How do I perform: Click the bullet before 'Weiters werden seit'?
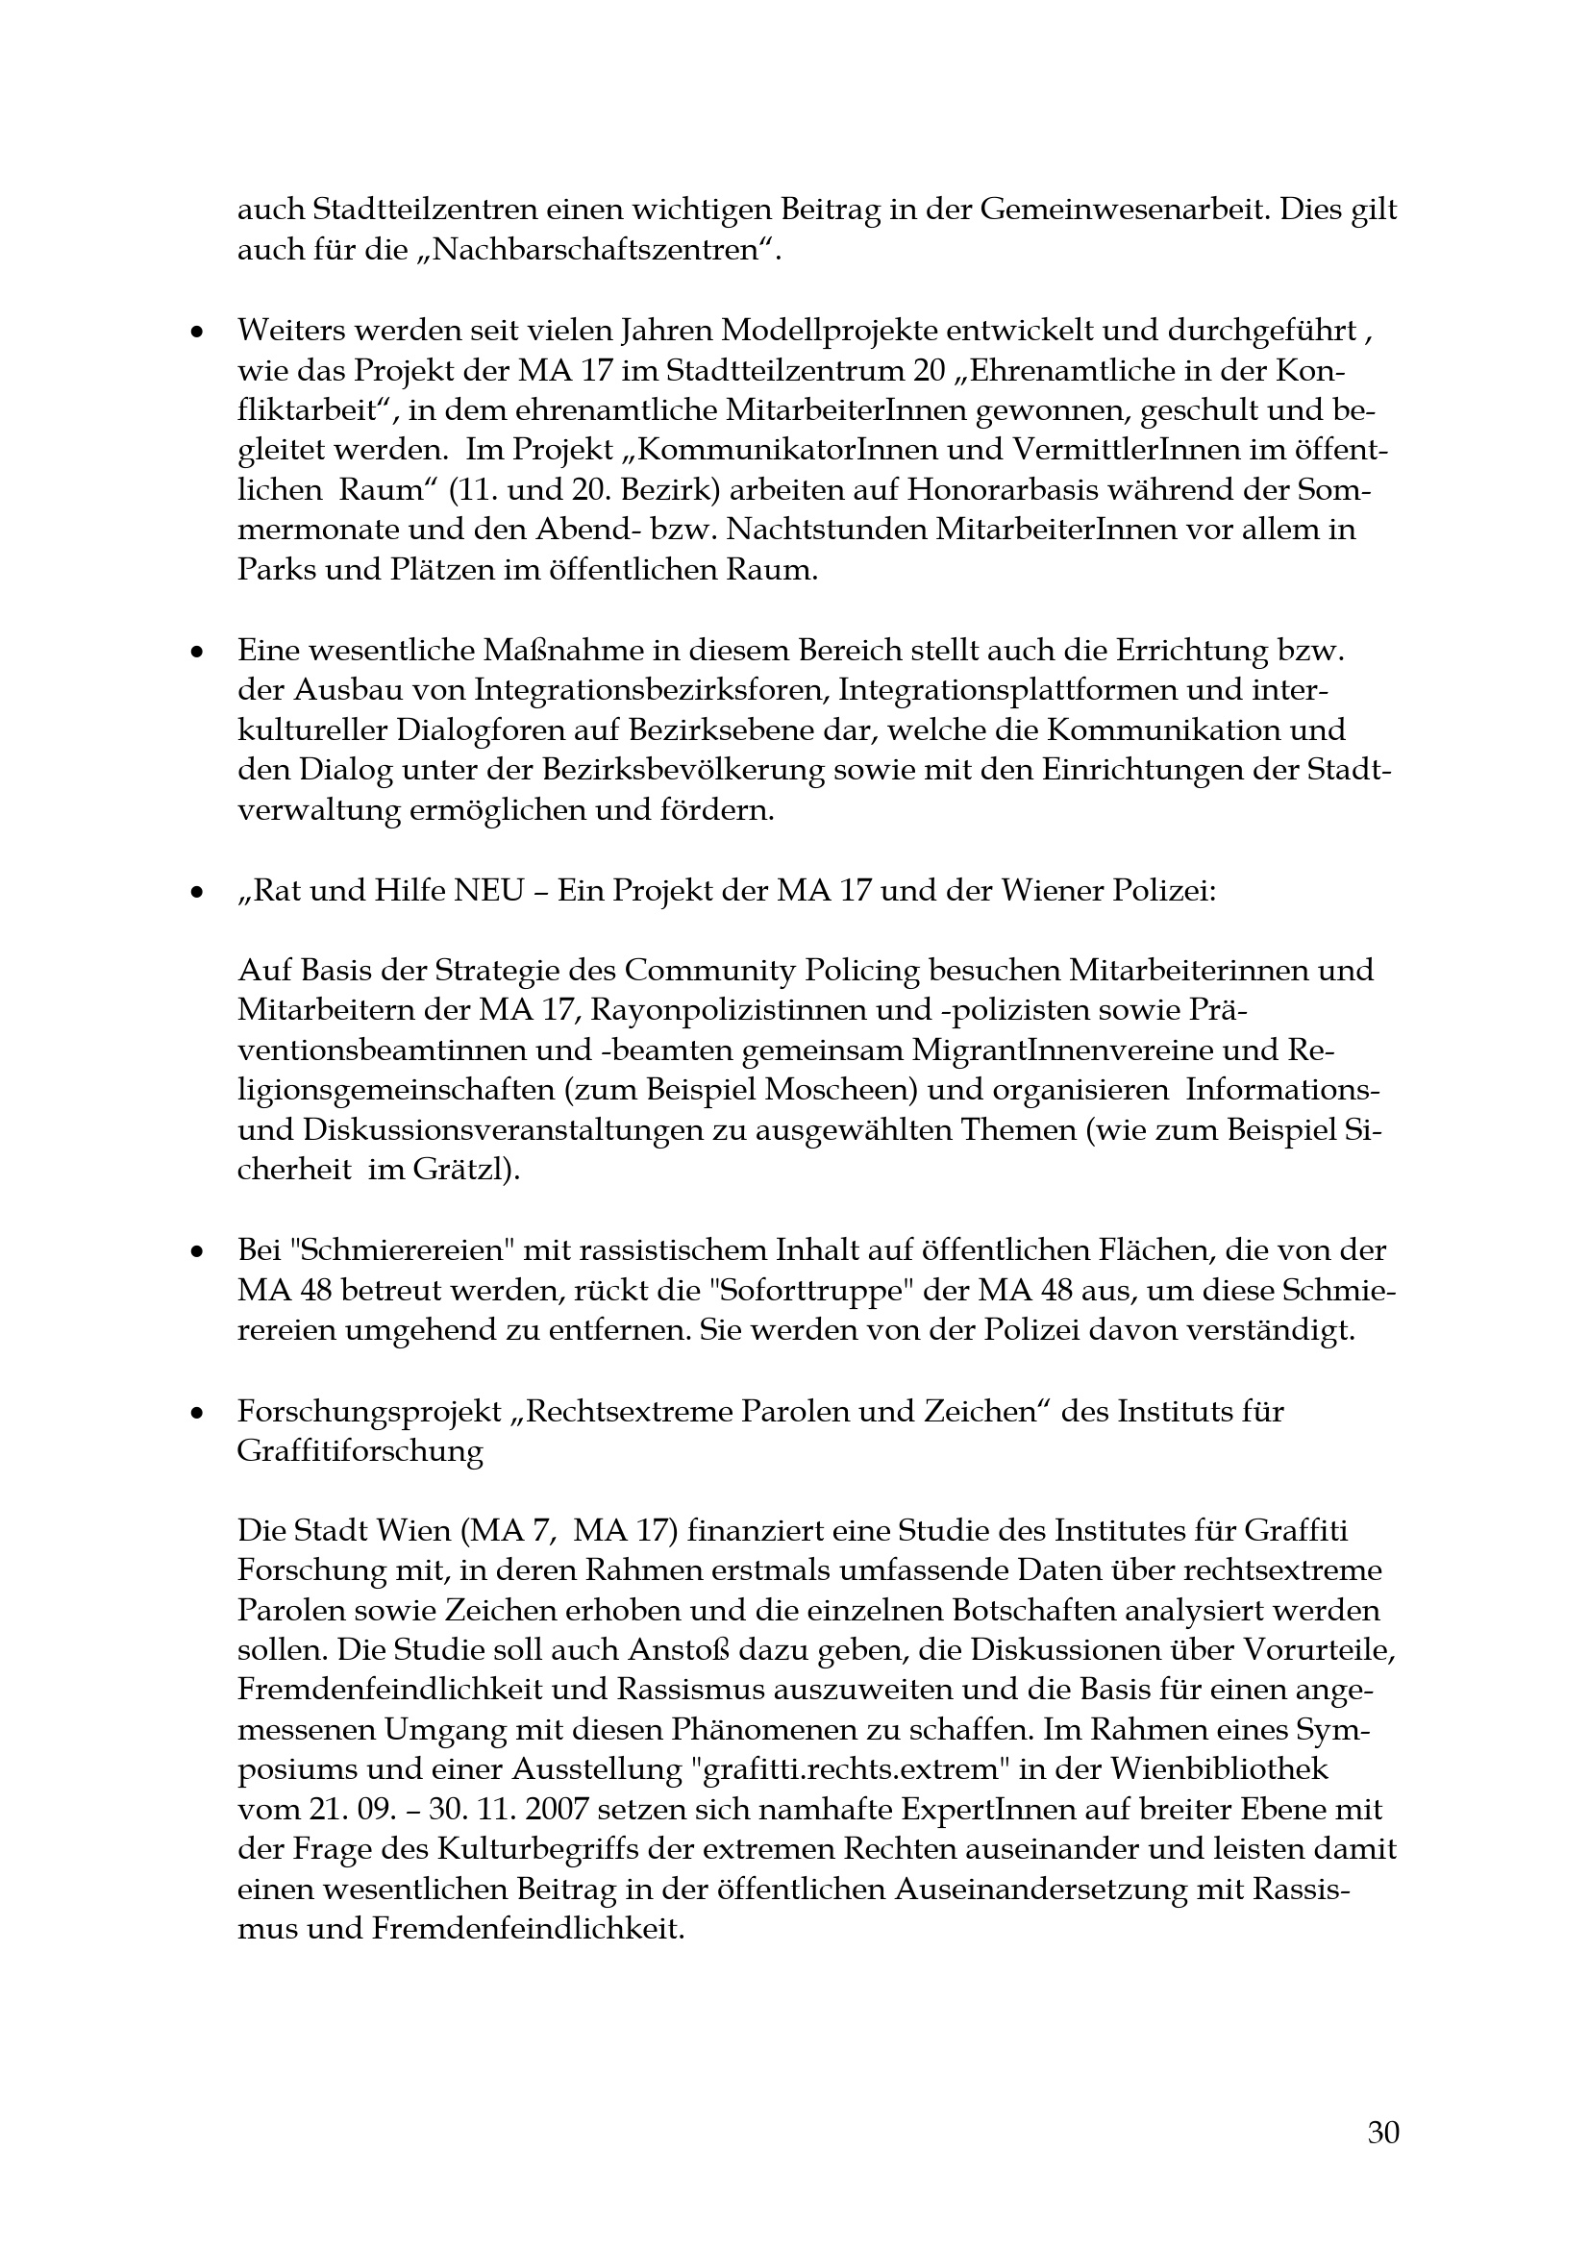click(197, 333)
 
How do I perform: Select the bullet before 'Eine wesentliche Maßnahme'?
click(197, 651)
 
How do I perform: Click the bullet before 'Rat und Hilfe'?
click(197, 893)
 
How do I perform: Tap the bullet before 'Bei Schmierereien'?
click(197, 1252)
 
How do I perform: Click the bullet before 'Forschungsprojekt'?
click(197, 1413)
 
